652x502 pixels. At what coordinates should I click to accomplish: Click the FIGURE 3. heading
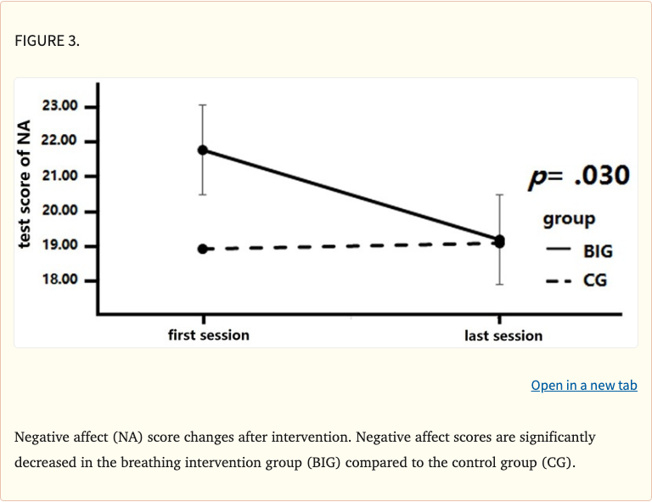[x=47, y=41]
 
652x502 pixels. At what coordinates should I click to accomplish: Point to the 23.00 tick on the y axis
[x=59, y=106]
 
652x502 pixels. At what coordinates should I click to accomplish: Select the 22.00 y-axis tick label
[x=59, y=141]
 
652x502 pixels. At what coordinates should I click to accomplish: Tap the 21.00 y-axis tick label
[x=59, y=176]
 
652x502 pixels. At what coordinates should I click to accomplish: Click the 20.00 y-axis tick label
[x=59, y=211]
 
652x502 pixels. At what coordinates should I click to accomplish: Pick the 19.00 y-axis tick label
[x=59, y=245]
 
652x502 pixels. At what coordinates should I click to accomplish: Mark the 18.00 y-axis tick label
[x=59, y=280]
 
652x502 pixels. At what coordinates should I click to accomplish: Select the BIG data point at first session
[x=203, y=149]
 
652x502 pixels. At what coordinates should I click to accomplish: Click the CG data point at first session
[x=203, y=249]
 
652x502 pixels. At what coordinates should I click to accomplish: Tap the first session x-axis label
[x=209, y=335]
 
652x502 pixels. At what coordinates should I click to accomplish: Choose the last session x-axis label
[x=503, y=336]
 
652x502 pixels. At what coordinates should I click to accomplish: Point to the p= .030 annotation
[x=579, y=176]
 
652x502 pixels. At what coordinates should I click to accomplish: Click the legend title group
[x=569, y=219]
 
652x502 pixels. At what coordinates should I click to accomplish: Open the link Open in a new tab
[x=584, y=386]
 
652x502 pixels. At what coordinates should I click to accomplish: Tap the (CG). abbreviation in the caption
[x=556, y=465]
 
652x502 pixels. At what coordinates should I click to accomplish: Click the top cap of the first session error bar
[x=203, y=105]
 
